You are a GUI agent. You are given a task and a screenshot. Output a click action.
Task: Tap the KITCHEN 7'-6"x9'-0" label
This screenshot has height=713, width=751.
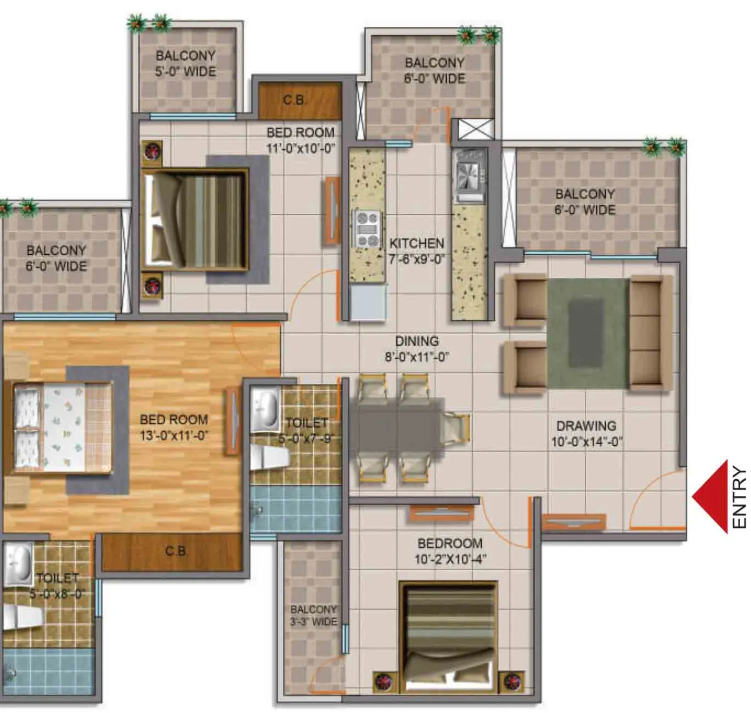[416, 251]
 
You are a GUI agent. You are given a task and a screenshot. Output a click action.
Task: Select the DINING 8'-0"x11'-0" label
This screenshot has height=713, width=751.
[416, 349]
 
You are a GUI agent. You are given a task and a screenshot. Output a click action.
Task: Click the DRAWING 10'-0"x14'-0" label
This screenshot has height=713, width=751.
[586, 434]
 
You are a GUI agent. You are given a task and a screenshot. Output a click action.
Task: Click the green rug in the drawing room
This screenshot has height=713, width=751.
[588, 333]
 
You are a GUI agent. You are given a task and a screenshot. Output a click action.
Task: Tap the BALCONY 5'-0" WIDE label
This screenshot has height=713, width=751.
[186, 64]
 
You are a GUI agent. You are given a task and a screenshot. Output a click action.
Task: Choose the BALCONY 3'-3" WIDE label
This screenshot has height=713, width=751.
[314, 615]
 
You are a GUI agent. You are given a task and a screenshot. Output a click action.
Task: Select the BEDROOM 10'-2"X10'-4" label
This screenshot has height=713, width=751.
[450, 551]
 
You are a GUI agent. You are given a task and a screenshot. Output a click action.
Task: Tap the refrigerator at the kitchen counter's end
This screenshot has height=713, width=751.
[368, 302]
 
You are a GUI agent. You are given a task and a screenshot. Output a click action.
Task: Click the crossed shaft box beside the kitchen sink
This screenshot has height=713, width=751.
[472, 129]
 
